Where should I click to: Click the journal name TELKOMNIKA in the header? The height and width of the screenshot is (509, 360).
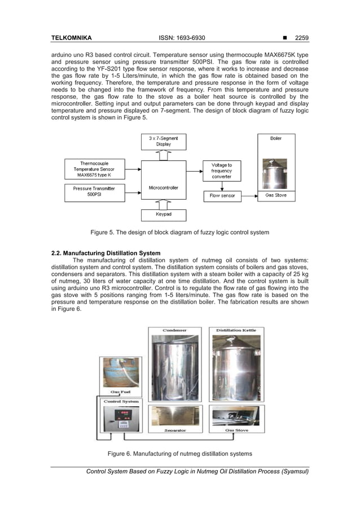pos(72,38)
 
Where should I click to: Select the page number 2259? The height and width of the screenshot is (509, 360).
pos(300,38)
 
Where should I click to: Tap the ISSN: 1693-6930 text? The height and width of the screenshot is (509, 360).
pos(182,38)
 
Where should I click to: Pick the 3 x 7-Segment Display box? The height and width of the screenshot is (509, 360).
pos(163,141)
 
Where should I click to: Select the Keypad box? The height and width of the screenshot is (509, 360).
pos(163,214)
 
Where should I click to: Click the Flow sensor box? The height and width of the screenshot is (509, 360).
pos(221,196)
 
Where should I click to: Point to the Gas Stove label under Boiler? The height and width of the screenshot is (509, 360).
pos(276,196)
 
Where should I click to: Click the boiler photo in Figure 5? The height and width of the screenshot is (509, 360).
pos(275,172)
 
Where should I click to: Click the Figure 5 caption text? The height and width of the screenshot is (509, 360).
pos(180,232)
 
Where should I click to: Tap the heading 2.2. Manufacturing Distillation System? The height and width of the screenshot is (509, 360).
pos(106,253)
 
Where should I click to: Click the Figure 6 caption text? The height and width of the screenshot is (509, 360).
pos(179,454)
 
